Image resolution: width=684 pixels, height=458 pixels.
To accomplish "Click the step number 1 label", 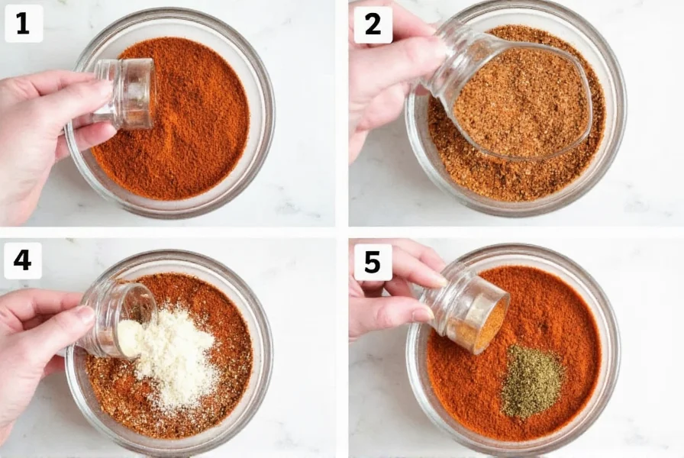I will pos(22,24).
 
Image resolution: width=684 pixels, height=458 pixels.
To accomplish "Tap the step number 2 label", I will pos(373,24).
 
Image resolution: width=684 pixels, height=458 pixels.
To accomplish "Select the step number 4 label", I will pos(22,260).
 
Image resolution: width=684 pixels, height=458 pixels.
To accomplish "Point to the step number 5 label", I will pos(373,262).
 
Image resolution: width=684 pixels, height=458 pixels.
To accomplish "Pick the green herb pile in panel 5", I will pos(532,379).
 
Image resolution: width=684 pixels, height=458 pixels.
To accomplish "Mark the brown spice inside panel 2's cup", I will pos(519,103).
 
